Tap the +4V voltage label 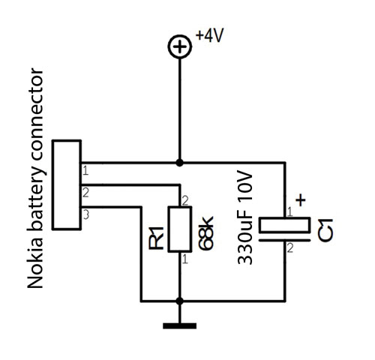click(x=209, y=35)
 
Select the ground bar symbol click(x=179, y=325)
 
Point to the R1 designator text click(x=156, y=238)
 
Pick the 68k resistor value click(x=206, y=233)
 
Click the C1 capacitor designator click(x=325, y=230)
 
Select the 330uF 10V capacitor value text click(x=244, y=217)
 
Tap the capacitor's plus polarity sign click(x=301, y=199)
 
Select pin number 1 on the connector click(x=85, y=171)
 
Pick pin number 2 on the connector click(x=85, y=193)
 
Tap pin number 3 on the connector click(x=85, y=214)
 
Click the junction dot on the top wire click(x=179, y=163)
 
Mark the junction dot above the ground click(x=179, y=301)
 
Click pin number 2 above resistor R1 click(x=185, y=200)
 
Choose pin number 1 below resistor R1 click(x=185, y=259)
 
